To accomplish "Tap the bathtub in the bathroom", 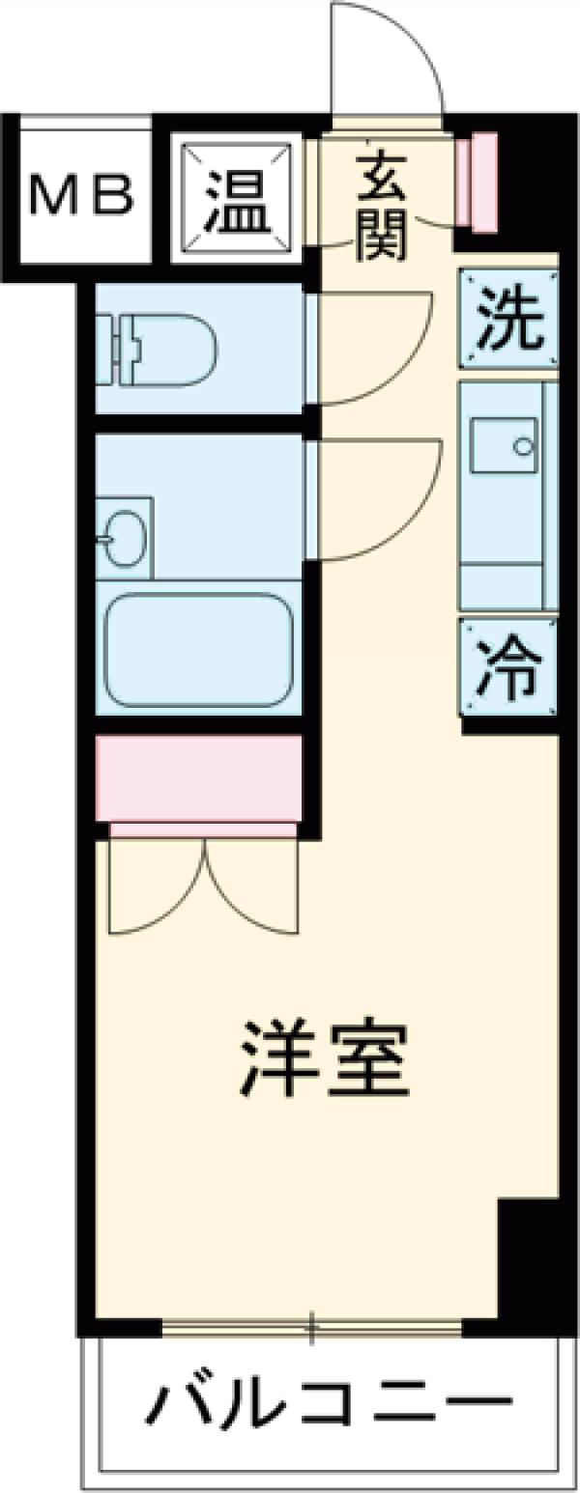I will tap(198, 649).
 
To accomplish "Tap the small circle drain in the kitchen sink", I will tap(523, 447).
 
